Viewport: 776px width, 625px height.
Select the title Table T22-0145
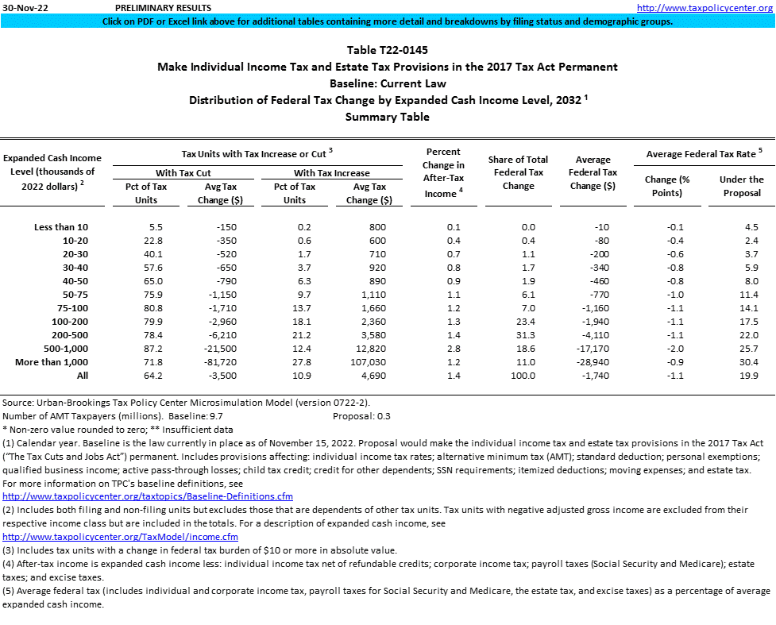(x=388, y=50)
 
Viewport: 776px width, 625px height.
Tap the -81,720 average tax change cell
(x=214, y=362)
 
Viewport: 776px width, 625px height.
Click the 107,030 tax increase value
(x=366, y=362)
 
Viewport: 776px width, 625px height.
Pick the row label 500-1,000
(x=61, y=349)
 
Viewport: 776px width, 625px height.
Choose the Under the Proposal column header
(x=741, y=186)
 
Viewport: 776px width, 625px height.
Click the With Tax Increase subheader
(x=332, y=172)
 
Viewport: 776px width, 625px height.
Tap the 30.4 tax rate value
(x=742, y=362)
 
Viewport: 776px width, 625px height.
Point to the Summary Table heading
(x=388, y=118)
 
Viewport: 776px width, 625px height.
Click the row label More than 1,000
(x=57, y=362)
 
